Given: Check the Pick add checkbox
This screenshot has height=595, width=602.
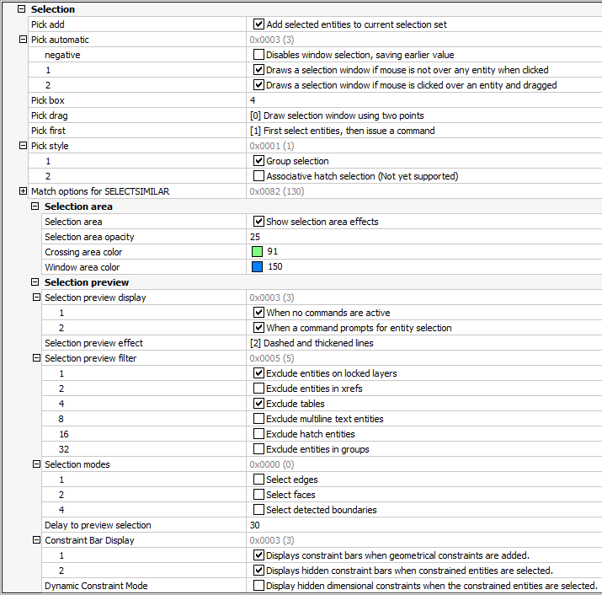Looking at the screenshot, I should (258, 24).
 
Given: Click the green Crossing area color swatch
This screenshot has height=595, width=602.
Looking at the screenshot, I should (257, 252).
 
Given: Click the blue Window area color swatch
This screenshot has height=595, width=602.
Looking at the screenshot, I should (257, 267).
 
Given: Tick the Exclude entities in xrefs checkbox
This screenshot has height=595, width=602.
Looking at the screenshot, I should (258, 389).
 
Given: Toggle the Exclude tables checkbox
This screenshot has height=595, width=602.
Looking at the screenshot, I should (258, 404).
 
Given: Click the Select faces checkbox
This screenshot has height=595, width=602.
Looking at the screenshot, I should (258, 495).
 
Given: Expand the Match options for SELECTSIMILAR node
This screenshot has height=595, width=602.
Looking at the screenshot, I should (23, 191).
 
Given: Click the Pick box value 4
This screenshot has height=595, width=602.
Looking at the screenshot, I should (253, 100).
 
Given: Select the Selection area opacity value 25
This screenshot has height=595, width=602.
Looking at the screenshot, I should (255, 237).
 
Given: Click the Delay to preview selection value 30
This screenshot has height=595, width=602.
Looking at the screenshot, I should (255, 525).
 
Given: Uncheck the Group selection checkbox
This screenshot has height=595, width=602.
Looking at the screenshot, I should (258, 161).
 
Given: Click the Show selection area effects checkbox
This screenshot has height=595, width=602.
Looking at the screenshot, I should (258, 222).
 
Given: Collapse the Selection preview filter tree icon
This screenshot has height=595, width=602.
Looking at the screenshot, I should (36, 358).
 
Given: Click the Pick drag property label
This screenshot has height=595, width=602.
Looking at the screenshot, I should (48, 115).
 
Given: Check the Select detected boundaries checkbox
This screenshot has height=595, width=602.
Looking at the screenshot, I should (258, 510).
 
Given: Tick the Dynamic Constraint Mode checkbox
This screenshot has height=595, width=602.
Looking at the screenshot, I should (258, 586).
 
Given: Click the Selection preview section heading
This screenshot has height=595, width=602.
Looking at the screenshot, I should (87, 282).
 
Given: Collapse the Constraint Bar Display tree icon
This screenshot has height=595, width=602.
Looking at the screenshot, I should (36, 540).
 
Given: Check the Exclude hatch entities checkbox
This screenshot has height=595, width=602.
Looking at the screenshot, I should (258, 434).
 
